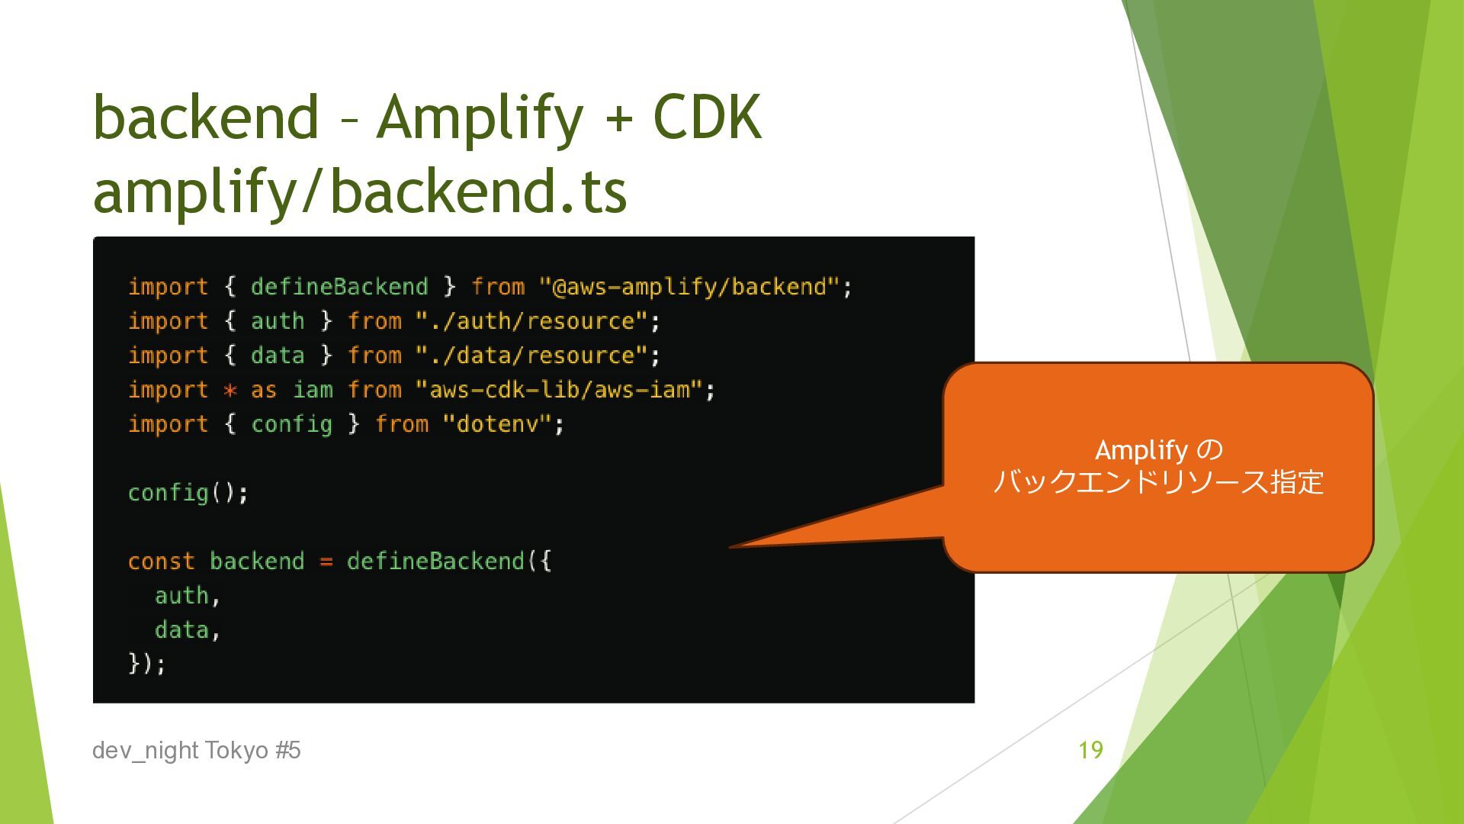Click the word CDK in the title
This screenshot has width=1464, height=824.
pyautogui.click(x=707, y=117)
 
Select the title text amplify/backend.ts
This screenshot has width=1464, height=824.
pyautogui.click(x=359, y=192)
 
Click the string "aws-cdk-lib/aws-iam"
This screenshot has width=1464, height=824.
pyautogui.click(x=559, y=390)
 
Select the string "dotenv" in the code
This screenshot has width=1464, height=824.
pyautogui.click(x=496, y=424)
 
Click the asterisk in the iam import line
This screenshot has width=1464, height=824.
pyautogui.click(x=230, y=391)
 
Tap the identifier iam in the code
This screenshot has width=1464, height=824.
pyautogui.click(x=313, y=390)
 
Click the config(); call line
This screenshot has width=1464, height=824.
pyautogui.click(x=188, y=493)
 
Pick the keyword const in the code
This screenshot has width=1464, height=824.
pyautogui.click(x=161, y=562)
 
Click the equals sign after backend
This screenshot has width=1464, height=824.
pyautogui.click(x=326, y=562)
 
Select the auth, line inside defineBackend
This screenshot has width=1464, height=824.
pyautogui.click(x=187, y=596)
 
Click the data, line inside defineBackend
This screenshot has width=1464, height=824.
pyautogui.click(x=187, y=630)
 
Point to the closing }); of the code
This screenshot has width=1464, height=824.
pyautogui.click(x=146, y=664)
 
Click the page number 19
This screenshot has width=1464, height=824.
pyautogui.click(x=1090, y=750)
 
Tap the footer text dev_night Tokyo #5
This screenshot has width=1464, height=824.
pyautogui.click(x=196, y=751)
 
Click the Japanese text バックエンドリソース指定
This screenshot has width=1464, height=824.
pyautogui.click(x=1158, y=482)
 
